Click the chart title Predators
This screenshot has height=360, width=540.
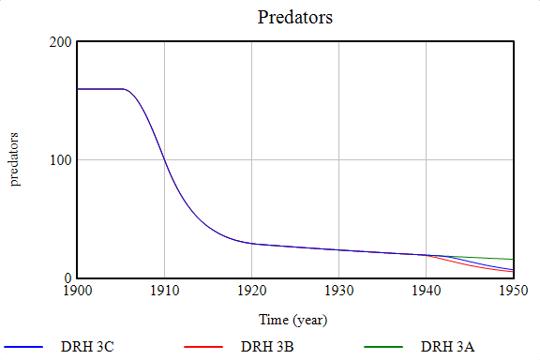click(295, 18)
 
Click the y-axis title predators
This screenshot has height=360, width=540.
click(15, 159)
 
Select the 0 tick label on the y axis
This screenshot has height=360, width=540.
click(67, 278)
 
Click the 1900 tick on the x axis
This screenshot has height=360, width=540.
click(77, 292)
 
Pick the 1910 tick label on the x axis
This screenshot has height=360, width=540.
click(164, 292)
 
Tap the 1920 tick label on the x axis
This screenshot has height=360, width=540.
click(251, 292)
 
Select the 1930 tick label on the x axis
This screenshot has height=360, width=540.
click(338, 292)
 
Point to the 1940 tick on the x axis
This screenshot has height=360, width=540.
click(426, 292)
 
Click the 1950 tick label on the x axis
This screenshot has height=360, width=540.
click(513, 292)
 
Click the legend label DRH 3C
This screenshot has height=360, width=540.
click(88, 347)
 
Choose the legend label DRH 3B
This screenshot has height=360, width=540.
click(268, 347)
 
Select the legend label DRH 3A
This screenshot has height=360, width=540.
click(448, 347)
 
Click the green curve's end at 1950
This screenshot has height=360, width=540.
click(513, 259)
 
